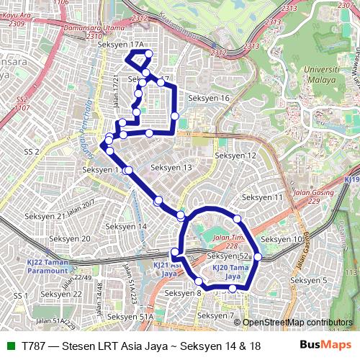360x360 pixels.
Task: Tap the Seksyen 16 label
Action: tap(208, 98)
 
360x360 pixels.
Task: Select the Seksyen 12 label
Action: tap(236, 156)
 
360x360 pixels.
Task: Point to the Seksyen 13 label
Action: tap(171, 168)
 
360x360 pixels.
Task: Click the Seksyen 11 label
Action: tap(262, 197)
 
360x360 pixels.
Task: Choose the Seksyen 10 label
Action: tap(282, 239)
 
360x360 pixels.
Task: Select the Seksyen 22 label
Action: tap(61, 294)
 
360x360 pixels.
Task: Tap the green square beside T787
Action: tap(10, 346)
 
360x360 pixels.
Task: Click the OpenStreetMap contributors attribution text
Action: tap(297, 323)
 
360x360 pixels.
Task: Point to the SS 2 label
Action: tap(30, 152)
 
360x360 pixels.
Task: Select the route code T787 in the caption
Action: tap(35, 346)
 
